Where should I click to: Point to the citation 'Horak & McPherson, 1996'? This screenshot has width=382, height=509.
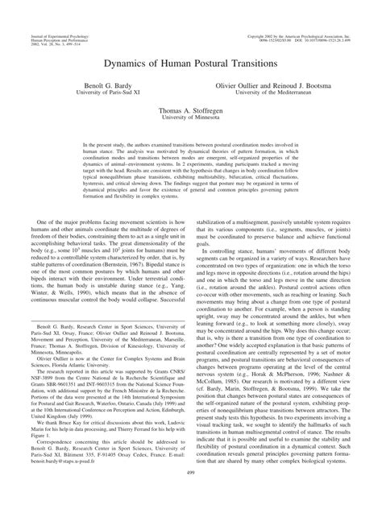point(284,372)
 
